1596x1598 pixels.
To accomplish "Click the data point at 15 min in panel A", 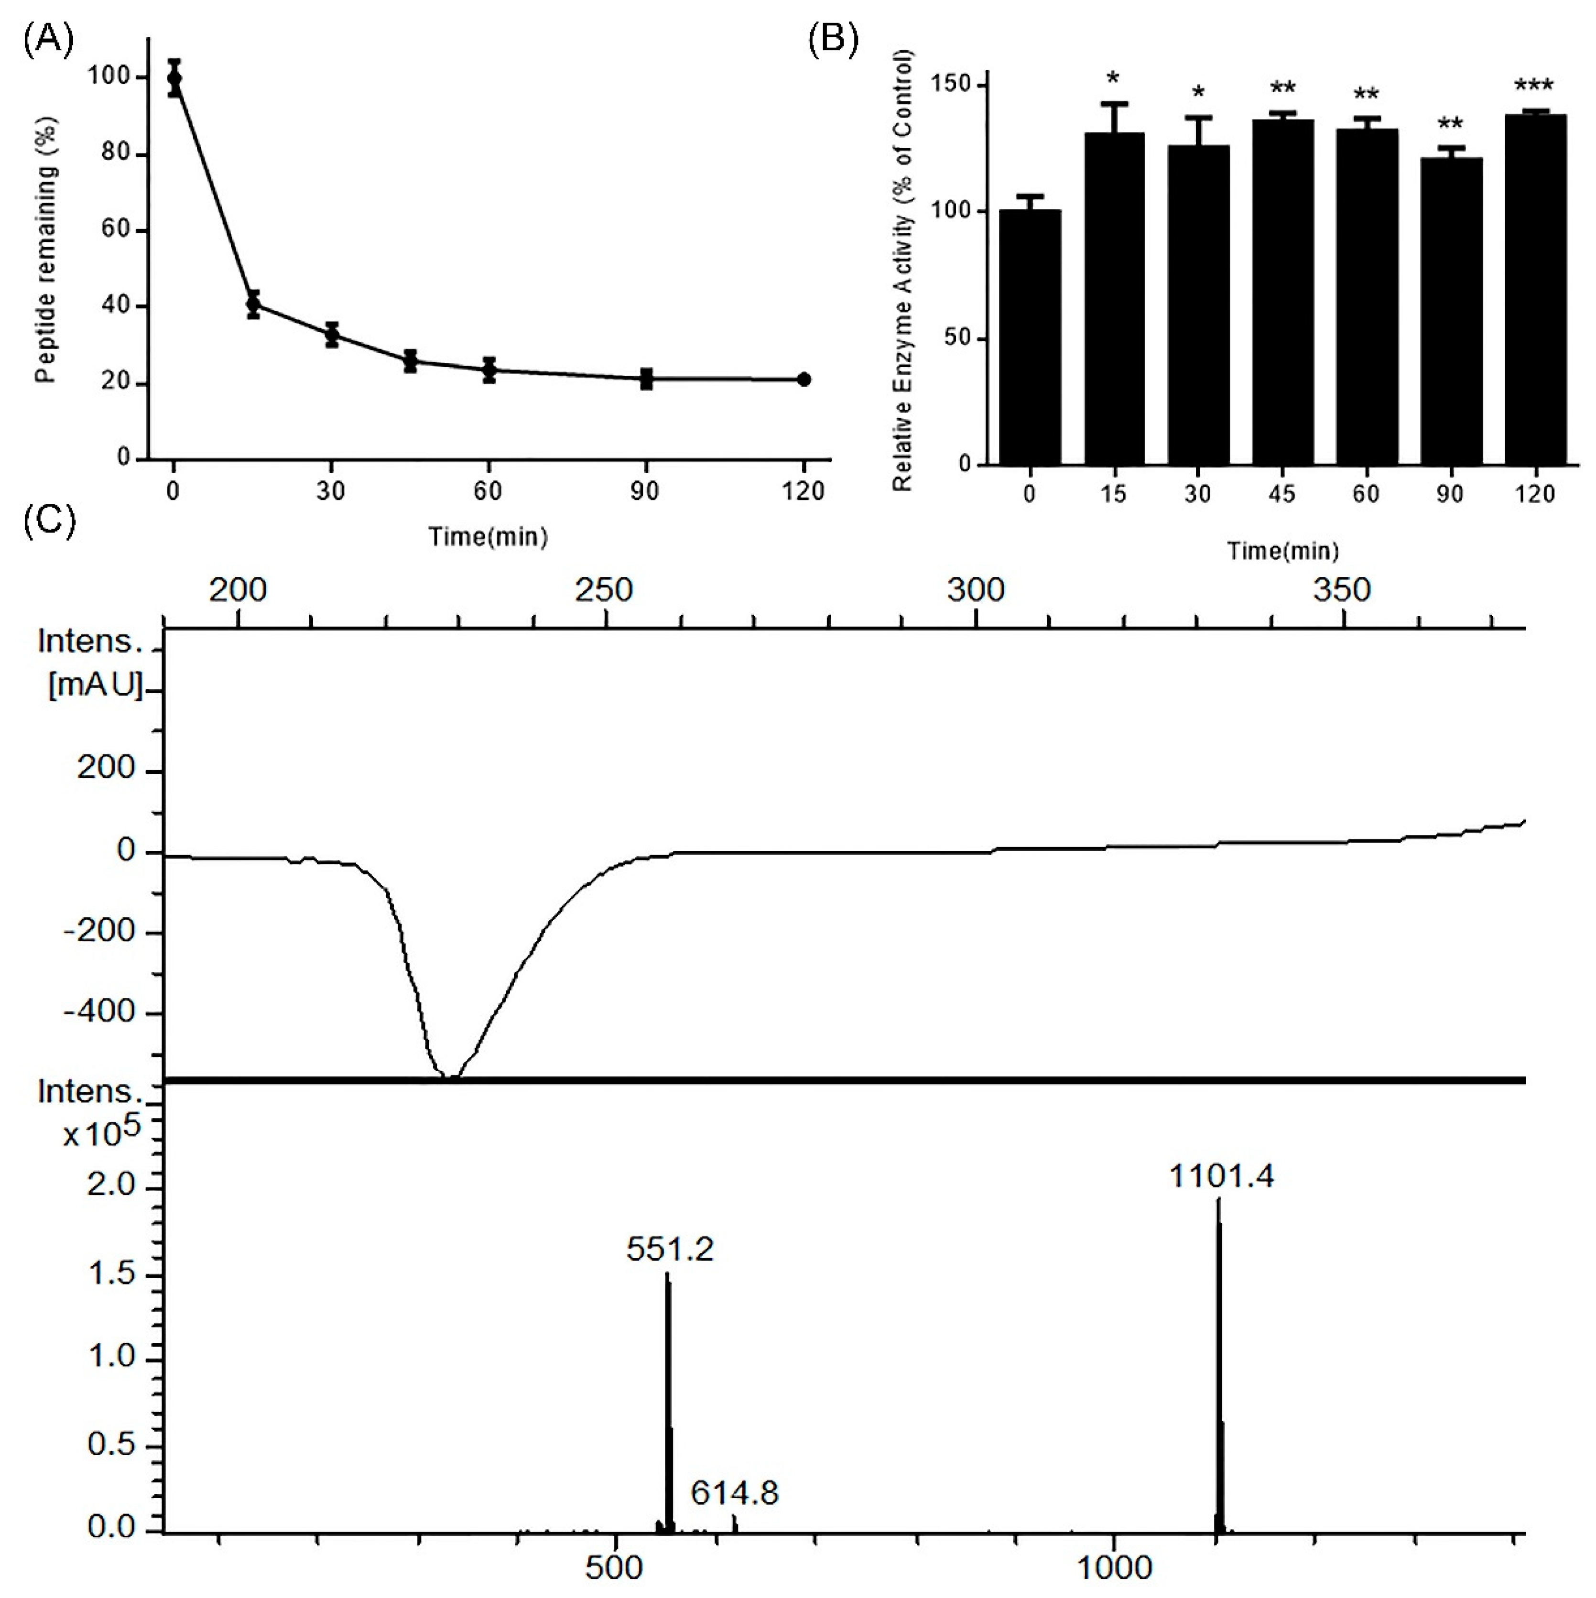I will (253, 305).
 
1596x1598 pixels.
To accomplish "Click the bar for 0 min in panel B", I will (1030, 337).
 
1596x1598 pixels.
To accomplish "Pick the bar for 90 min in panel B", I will (1451, 311).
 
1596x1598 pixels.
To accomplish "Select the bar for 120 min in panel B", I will (1536, 290).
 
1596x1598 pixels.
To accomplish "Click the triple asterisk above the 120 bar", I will (1534, 85).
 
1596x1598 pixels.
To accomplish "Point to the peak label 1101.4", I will (1221, 1175).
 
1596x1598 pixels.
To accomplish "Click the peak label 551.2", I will (669, 1248).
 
